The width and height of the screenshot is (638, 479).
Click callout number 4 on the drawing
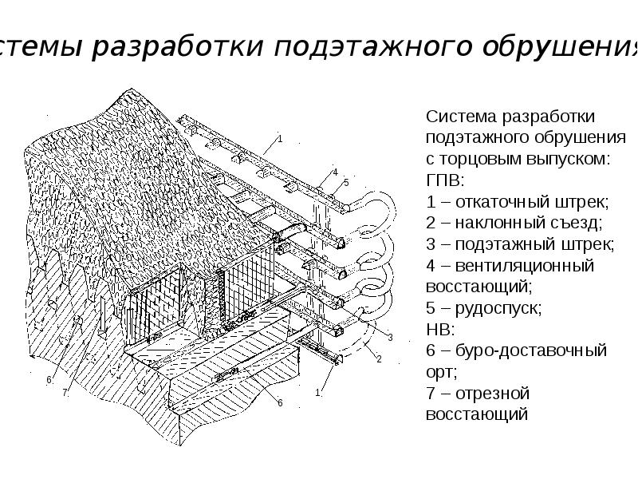click(336, 172)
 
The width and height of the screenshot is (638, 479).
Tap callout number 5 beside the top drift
click(346, 183)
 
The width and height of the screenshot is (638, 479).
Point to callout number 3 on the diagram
click(390, 338)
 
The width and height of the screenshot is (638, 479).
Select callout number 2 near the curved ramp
click(379, 359)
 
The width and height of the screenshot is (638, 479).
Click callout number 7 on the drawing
click(65, 392)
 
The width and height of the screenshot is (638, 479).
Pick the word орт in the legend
click(440, 372)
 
